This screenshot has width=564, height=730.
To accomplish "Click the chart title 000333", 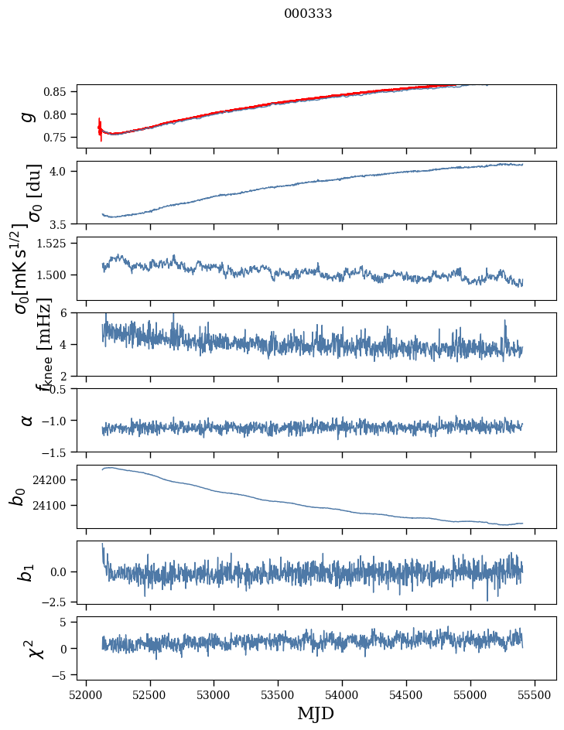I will coord(308,13).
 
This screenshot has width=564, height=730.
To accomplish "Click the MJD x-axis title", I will coord(316,713).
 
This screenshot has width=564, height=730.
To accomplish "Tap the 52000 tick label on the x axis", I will coord(86,694).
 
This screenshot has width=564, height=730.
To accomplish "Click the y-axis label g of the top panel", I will coord(28,116).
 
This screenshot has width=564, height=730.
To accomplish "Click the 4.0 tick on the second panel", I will coord(62,171).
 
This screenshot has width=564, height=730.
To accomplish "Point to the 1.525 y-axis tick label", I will coord(54,243).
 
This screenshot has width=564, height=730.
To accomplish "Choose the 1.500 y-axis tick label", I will coord(54,275).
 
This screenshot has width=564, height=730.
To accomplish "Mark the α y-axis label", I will coord(28,420).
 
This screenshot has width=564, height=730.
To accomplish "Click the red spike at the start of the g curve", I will coord(100,128).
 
